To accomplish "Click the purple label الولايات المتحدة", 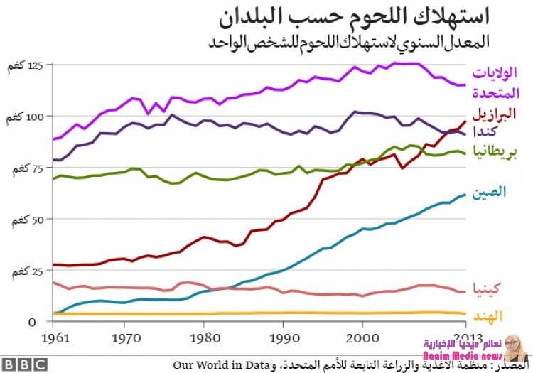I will click(x=495, y=82).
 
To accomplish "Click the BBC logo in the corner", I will click(x=24, y=364).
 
